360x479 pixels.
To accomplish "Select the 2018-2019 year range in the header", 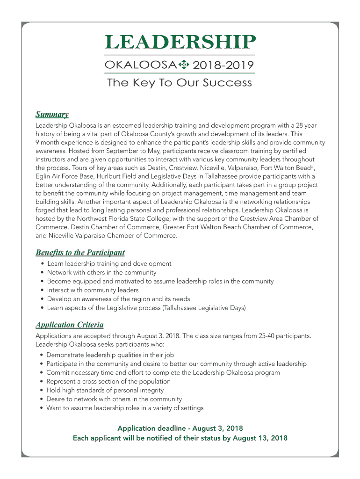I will (x=223, y=65).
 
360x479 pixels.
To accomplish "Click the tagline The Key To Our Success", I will (x=180, y=83).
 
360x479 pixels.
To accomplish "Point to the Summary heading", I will (x=52, y=115).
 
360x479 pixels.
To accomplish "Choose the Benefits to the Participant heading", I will (x=80, y=253).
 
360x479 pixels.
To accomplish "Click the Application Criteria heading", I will (x=70, y=325).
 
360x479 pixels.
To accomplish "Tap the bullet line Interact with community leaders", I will (x=93, y=290).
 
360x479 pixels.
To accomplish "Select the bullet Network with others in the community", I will (x=101, y=272).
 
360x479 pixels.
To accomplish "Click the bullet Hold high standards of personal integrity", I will (x=105, y=390).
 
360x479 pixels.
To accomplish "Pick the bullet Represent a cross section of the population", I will (x=108, y=381).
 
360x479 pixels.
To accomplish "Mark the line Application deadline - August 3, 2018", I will (x=180, y=428).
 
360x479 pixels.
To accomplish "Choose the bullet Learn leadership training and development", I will (x=109, y=263).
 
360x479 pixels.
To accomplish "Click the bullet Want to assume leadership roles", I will (x=125, y=408).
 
